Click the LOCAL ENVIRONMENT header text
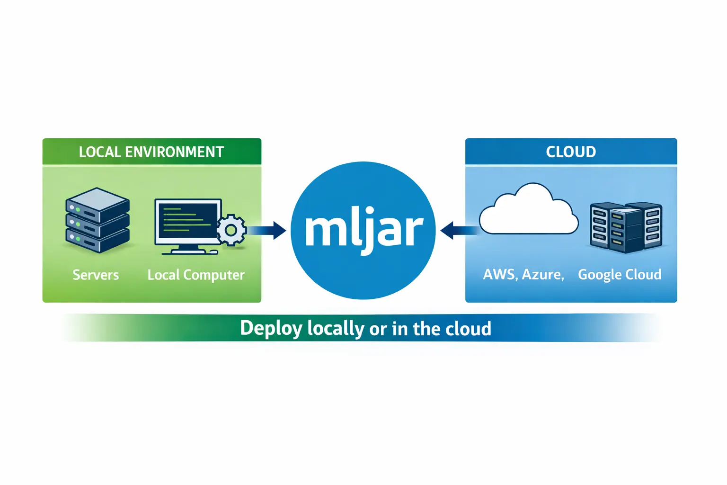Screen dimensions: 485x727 tap(151, 152)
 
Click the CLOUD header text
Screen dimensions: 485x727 tap(571, 152)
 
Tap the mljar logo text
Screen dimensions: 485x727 tap(363, 231)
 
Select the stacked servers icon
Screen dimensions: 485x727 tap(98, 220)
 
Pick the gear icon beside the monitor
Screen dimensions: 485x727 tap(231, 230)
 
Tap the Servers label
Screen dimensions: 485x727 tap(96, 275)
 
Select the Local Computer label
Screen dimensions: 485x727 tap(196, 275)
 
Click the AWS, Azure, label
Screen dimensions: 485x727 tap(523, 275)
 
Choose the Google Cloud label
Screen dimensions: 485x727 tap(620, 275)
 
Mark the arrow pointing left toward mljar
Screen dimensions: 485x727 tap(458, 231)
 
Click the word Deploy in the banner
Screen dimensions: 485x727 tap(271, 329)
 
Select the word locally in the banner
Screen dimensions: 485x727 tap(336, 329)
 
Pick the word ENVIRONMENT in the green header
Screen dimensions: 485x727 tap(174, 152)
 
